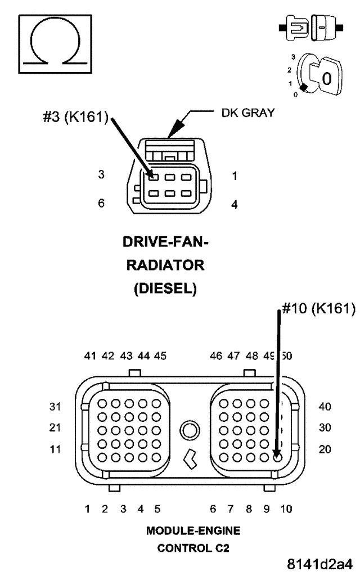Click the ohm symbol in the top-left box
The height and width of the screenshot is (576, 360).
tap(55, 44)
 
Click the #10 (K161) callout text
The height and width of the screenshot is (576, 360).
tap(318, 309)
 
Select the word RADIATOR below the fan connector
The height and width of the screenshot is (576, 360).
tap(164, 265)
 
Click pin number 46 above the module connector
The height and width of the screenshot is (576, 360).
tap(216, 355)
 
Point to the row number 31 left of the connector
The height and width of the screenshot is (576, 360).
tap(55, 406)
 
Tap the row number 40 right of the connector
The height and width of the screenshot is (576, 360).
tap(325, 406)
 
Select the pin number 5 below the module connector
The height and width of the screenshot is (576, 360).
tap(157, 509)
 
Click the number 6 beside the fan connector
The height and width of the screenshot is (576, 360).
tap(101, 203)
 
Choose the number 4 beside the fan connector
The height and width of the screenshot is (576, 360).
tap(235, 204)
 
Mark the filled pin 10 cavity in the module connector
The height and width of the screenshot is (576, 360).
tap(277, 456)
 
